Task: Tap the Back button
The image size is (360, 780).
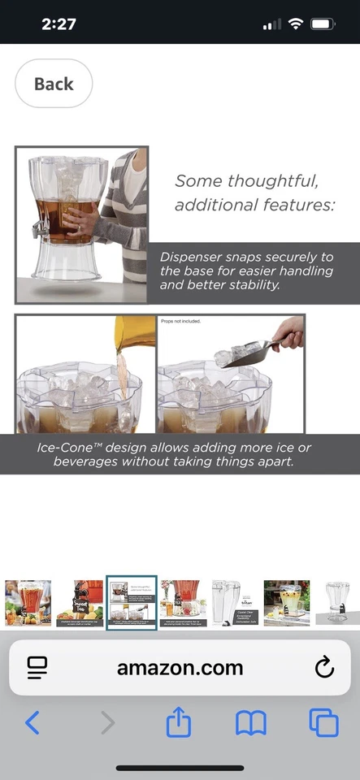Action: click(x=54, y=84)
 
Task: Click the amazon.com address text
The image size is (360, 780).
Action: click(x=180, y=668)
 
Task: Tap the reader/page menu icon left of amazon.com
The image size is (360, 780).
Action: click(x=37, y=668)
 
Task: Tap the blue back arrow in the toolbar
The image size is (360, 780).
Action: click(x=33, y=721)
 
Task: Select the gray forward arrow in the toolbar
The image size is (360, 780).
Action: click(x=107, y=721)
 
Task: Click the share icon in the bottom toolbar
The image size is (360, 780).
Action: click(x=178, y=721)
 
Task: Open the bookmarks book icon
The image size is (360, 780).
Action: click(x=250, y=721)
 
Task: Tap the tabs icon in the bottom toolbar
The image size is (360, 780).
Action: click(x=323, y=721)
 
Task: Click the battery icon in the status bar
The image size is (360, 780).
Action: click(x=323, y=24)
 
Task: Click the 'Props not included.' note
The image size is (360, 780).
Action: click(x=180, y=322)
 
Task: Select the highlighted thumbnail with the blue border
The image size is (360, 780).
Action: click(x=132, y=603)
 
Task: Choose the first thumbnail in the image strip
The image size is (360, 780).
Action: click(x=28, y=603)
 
